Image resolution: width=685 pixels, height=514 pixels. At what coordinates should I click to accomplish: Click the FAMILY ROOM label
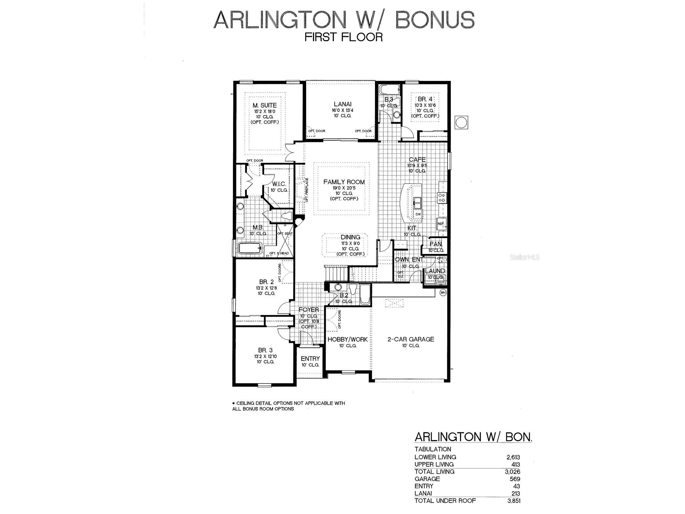344,182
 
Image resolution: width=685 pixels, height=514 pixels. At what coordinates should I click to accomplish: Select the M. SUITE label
265,105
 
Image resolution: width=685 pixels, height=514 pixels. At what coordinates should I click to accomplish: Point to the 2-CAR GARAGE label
410,339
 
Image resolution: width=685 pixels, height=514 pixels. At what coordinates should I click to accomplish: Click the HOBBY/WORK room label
348,340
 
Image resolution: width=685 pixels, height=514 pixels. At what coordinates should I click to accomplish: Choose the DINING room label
350,237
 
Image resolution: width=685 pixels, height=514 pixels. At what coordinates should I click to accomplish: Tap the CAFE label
417,159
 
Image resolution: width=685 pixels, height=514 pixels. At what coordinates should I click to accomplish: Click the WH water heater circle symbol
443,293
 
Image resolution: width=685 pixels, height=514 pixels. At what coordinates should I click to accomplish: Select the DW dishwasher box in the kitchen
418,214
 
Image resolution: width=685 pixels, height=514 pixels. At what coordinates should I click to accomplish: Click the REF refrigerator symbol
440,224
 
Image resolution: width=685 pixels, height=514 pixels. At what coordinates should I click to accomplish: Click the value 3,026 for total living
512,472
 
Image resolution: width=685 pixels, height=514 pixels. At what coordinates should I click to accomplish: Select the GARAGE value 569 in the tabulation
515,479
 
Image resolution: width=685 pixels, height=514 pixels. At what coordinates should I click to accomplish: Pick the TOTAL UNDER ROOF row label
445,501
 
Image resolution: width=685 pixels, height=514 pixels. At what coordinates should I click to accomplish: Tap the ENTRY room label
310,359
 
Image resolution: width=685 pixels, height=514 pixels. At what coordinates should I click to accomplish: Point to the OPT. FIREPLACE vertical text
307,190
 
